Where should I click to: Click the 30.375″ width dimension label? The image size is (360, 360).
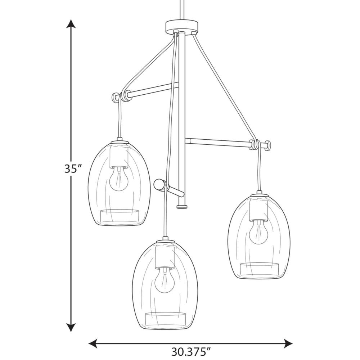tap(191, 351)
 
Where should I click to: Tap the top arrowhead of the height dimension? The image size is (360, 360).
tap(71, 24)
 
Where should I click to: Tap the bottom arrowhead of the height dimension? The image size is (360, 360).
tap(71, 327)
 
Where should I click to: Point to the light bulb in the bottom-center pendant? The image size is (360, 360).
tap(165, 280)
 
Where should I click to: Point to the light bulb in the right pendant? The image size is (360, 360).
tap(259, 232)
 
